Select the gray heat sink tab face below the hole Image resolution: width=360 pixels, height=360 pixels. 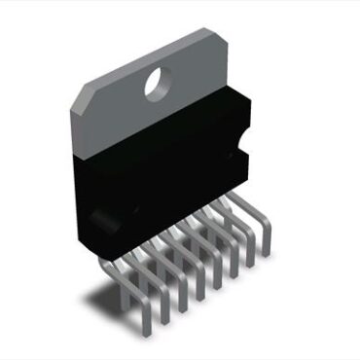point(161,122)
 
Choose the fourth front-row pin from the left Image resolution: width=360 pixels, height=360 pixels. point(198,297)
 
